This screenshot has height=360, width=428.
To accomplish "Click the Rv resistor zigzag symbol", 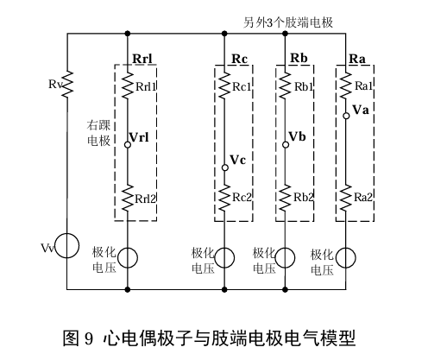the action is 66,85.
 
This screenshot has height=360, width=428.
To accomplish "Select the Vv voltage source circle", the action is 66,246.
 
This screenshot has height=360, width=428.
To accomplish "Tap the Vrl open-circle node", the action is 128,144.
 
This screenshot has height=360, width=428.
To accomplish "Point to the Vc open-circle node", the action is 225,167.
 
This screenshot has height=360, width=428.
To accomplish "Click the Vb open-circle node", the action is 286,144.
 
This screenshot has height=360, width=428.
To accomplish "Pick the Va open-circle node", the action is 346,116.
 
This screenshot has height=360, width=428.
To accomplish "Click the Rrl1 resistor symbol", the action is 128,85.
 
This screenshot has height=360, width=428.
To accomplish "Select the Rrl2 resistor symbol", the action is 128,199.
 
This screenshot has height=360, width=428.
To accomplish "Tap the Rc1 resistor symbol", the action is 224,85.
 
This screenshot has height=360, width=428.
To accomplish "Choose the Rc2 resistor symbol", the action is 224,199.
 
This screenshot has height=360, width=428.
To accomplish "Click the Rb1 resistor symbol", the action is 285,85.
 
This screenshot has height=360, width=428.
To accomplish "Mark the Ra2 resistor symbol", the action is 346,199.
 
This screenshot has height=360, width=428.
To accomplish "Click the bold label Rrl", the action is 142,59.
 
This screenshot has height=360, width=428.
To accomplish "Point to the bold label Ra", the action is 357,59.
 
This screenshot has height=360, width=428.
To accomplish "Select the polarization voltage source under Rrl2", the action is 128,257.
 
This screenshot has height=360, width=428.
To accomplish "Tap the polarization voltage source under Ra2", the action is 346,257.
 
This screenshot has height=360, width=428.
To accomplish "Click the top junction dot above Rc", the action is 224,34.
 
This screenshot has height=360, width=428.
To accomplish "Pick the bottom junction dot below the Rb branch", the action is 285,289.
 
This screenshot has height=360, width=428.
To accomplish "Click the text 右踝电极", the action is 98,133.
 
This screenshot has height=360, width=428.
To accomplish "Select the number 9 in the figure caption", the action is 89,338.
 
